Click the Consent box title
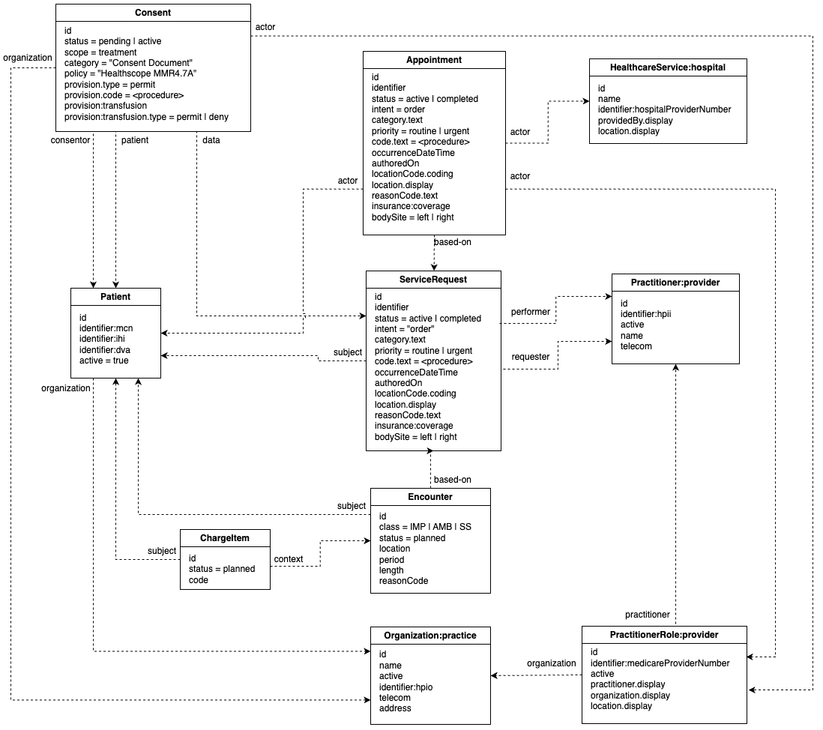[153, 13]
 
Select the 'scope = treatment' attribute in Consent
[100, 52]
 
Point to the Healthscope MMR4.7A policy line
[130, 73]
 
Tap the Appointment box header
[434, 60]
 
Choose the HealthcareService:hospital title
[667, 67]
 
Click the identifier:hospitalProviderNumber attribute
[664, 109]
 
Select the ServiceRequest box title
[432, 280]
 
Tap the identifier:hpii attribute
[645, 314]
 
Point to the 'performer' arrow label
[530, 311]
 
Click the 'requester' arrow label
[530, 357]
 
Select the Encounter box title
[430, 496]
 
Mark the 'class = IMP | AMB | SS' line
[425, 527]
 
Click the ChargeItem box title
[225, 537]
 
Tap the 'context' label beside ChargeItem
[289, 559]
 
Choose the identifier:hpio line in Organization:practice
[406, 687]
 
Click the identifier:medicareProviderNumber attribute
[660, 663]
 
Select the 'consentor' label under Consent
[70, 139]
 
